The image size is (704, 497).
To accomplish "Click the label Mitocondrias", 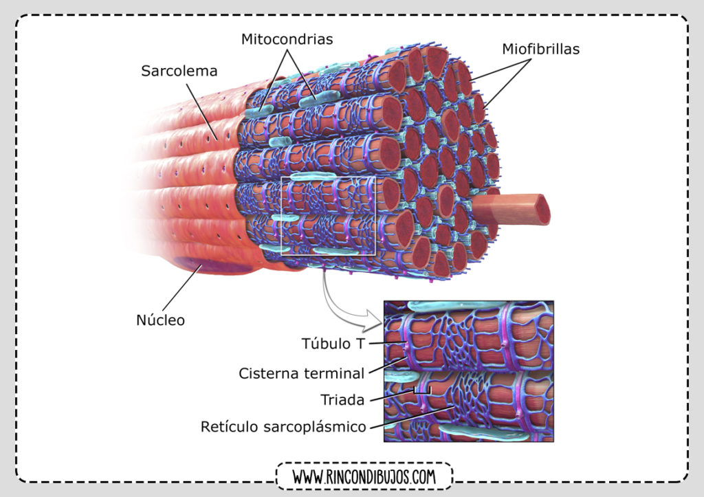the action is tap(287, 39).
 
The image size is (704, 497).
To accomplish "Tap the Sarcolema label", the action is tap(179, 71).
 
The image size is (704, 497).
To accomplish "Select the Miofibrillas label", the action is tap(540, 49).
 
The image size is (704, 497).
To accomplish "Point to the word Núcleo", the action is tap(160, 320).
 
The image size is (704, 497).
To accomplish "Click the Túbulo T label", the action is tap(333, 344).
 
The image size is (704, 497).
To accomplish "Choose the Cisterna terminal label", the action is tap(301, 373).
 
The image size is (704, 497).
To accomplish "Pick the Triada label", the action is tap(342, 400).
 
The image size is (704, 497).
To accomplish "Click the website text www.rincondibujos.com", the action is tap(364, 477).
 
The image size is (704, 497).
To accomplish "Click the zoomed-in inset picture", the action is tap(469, 371).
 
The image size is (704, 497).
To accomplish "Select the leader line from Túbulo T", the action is tap(387, 344).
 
